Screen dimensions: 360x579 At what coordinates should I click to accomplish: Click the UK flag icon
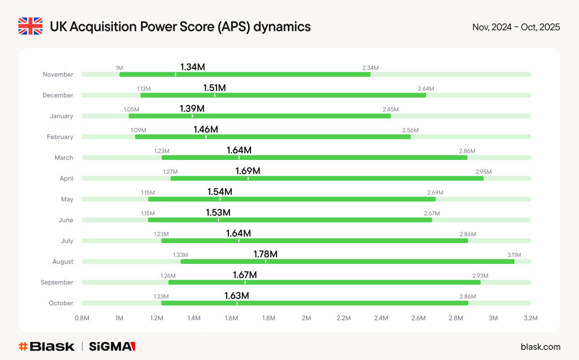[30, 27]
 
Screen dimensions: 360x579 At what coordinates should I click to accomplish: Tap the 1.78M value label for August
[265, 254]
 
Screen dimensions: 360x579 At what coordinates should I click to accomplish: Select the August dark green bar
[347, 262]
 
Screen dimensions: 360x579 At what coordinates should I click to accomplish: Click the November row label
[58, 75]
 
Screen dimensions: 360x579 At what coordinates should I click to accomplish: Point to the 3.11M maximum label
[514, 255]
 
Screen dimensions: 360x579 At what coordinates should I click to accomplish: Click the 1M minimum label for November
[119, 68]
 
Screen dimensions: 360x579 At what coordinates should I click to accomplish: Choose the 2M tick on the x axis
[306, 318]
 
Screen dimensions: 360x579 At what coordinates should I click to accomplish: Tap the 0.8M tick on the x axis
[82, 318]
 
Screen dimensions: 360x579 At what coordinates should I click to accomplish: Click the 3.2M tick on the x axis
[530, 318]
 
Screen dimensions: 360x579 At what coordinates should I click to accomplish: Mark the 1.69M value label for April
[248, 171]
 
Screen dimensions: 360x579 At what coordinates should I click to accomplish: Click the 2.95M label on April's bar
[483, 172]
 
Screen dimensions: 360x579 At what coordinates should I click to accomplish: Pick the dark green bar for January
[260, 116]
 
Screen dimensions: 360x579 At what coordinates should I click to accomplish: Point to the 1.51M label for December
[214, 88]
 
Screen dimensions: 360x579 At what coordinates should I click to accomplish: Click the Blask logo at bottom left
[46, 346]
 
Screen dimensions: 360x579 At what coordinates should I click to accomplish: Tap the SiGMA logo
[112, 346]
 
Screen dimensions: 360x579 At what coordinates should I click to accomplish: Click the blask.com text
[540, 346]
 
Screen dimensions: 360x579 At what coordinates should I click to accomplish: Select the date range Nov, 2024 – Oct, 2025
[516, 27]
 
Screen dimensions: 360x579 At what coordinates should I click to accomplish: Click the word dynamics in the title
[282, 27]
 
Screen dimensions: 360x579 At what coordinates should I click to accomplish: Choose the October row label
[61, 303]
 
